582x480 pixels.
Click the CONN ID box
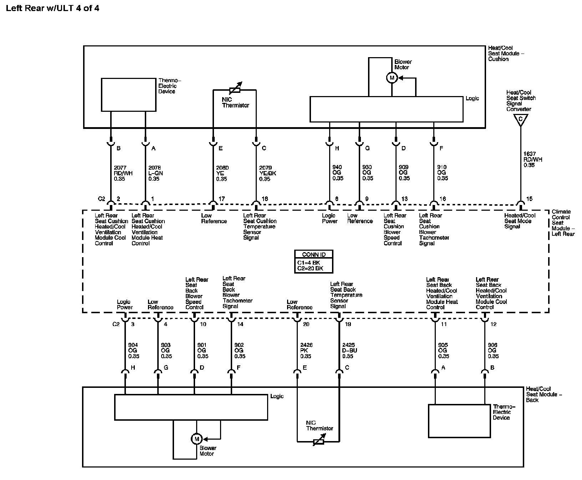(x=313, y=261)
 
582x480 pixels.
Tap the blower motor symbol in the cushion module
(x=392, y=78)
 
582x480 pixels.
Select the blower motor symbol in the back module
(x=196, y=439)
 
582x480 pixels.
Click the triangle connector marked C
(x=520, y=120)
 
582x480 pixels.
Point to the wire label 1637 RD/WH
(x=532, y=160)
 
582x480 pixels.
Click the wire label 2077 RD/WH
(x=123, y=173)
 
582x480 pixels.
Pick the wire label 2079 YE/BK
(x=267, y=173)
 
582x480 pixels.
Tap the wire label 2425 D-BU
(x=349, y=350)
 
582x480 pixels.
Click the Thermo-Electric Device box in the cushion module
(x=128, y=95)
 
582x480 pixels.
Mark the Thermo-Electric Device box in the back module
(x=459, y=421)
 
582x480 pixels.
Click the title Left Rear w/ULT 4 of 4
(x=53, y=8)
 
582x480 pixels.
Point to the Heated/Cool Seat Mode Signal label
(x=520, y=221)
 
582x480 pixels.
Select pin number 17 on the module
(x=221, y=199)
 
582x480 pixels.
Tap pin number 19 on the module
(x=348, y=324)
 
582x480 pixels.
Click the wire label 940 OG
(x=337, y=173)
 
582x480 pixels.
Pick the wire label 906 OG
(x=493, y=350)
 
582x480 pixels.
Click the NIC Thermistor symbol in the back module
(x=319, y=441)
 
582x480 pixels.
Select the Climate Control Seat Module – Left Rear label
(x=563, y=222)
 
